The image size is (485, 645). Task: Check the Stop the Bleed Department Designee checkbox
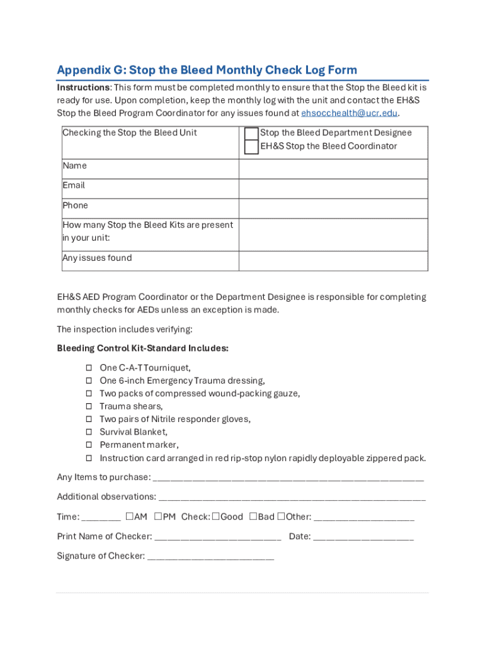coord(251,133)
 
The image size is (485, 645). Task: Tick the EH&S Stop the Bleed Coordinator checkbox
coord(251,147)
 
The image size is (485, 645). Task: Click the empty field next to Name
coord(333,169)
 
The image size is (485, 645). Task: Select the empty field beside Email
coord(333,189)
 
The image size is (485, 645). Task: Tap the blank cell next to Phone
coord(333,208)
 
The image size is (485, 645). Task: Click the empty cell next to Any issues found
coord(333,261)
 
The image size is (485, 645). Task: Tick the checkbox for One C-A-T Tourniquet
coord(89,367)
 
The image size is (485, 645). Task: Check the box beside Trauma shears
coord(89,406)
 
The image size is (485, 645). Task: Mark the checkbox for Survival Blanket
coord(89,432)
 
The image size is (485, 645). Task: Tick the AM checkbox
coord(129,517)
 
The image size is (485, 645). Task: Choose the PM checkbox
coord(157,517)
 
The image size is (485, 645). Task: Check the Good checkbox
coord(215,517)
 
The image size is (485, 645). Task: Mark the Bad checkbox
coord(253,517)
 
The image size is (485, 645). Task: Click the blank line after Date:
coord(363,537)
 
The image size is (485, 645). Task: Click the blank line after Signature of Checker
coord(210,557)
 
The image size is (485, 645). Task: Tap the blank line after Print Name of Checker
coord(218,537)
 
